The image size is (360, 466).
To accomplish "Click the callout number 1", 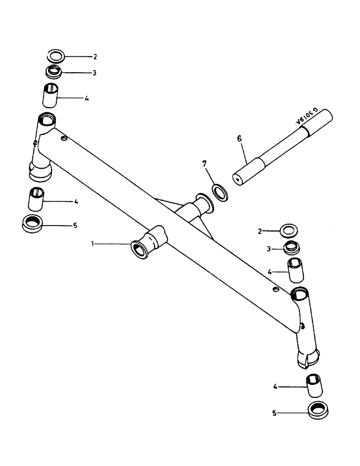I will (x=94, y=243).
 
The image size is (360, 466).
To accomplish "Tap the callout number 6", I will (x=239, y=138).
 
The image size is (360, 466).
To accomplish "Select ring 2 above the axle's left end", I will (x=56, y=57).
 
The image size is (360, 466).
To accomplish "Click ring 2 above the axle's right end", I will (x=289, y=230).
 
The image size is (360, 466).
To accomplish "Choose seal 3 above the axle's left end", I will (x=55, y=72).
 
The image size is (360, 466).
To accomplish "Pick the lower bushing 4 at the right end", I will (x=314, y=385).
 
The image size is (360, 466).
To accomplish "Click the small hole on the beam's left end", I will (x=64, y=138).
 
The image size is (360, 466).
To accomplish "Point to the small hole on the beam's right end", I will (x=276, y=289).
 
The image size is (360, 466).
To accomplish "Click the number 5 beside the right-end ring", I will (x=275, y=412).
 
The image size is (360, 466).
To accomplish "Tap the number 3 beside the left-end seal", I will (x=95, y=73).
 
